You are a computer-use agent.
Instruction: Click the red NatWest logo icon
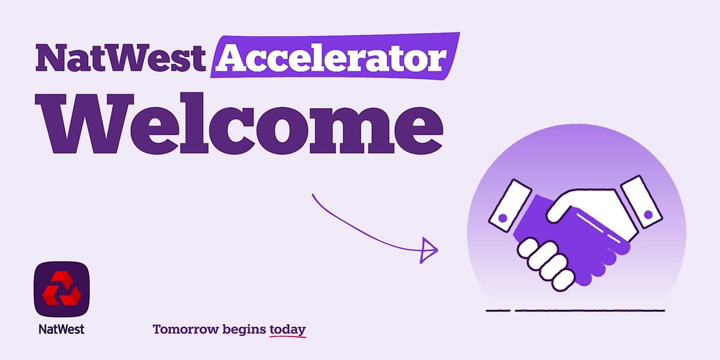pyautogui.click(x=61, y=290)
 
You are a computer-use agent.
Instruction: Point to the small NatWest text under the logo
pyautogui.click(x=61, y=329)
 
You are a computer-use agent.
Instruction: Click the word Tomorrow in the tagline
pyautogui.click(x=185, y=329)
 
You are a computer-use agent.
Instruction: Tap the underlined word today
pyautogui.click(x=288, y=329)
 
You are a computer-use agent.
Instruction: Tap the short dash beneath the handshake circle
pyautogui.click(x=497, y=311)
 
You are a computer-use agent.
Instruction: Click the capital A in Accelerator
pyautogui.click(x=230, y=58)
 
